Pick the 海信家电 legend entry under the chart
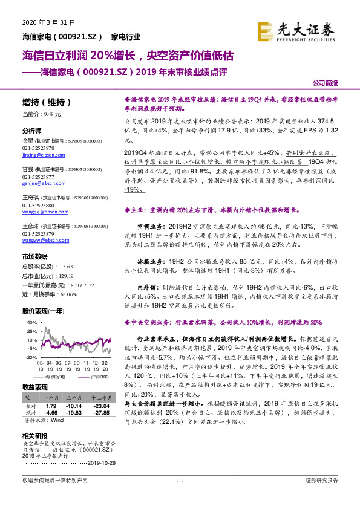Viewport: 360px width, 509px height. tap(54, 377)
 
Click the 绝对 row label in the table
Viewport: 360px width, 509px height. tap(28, 412)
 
